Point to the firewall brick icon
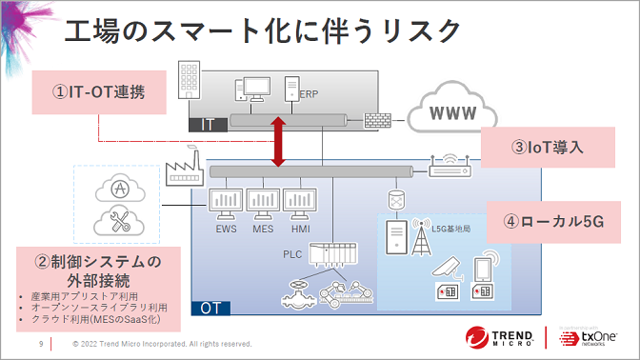point(376,121)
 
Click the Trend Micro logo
point(500,337)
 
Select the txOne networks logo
point(591,338)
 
